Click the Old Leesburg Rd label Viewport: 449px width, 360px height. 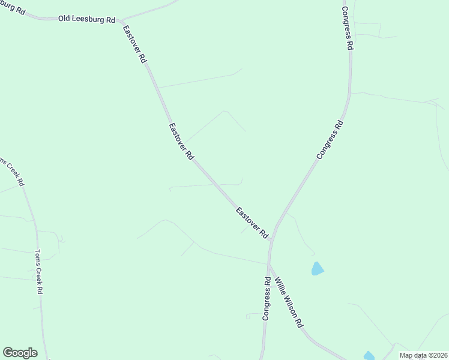(86, 19)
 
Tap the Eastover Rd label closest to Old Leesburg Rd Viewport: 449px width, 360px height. (135, 44)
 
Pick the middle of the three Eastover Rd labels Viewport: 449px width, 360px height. (181, 141)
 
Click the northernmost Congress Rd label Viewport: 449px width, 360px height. (346, 28)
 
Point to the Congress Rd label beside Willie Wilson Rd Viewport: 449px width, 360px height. (266, 298)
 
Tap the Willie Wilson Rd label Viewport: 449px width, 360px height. (288, 302)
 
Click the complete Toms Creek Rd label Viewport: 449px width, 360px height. (40, 272)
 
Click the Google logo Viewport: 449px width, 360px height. (20, 353)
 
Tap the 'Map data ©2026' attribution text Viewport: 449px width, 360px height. (423, 355)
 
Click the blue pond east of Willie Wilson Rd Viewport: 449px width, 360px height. (317, 269)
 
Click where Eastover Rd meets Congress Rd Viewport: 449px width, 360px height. (272, 239)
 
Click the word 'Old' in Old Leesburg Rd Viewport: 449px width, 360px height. (64, 19)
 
